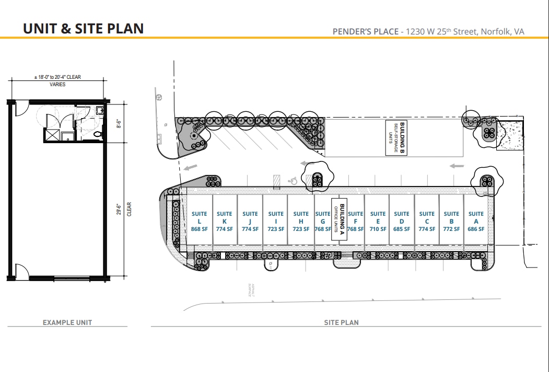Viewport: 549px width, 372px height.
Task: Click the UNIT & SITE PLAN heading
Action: [83, 28]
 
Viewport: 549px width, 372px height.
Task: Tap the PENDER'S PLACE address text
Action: [428, 32]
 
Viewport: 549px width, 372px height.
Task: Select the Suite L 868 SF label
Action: [200, 221]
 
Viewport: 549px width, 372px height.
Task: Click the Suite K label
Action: [225, 221]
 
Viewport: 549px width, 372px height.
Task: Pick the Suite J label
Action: [250, 221]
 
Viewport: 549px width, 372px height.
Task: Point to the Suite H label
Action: [301, 221]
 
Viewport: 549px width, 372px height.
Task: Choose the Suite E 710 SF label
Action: [378, 221]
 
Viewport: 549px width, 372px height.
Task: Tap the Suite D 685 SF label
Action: [402, 221]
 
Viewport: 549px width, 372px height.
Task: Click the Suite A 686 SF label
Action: [476, 221]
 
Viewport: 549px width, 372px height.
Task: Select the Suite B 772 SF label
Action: [451, 221]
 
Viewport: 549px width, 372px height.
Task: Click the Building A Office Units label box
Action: [340, 219]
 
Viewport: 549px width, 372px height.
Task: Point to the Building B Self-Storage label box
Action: [395, 137]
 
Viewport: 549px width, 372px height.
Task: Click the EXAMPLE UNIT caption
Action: [67, 322]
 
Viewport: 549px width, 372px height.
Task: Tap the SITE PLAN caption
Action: [342, 322]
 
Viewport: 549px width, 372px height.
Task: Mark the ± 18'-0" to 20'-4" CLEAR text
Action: [57, 77]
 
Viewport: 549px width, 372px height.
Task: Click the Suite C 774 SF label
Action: [427, 221]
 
